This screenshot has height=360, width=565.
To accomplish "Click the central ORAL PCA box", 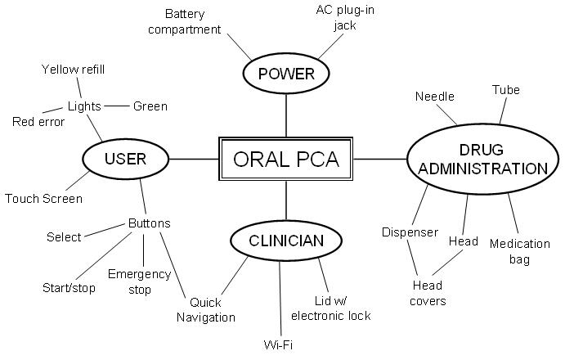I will click(x=286, y=158).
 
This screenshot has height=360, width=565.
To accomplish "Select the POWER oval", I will click(x=286, y=74).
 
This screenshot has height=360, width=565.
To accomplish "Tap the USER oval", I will click(x=125, y=159).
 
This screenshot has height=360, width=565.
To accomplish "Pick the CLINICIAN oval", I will click(x=286, y=241).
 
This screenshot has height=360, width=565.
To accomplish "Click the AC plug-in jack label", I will click(x=343, y=17).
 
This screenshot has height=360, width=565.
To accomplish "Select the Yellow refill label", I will click(x=73, y=69).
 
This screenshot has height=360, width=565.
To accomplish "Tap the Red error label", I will click(x=38, y=122).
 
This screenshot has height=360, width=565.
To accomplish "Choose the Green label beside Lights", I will click(x=150, y=106).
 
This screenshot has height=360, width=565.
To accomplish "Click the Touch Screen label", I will click(x=43, y=199).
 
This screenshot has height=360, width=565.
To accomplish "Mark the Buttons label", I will click(x=150, y=223).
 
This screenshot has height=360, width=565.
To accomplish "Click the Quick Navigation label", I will click(x=206, y=310).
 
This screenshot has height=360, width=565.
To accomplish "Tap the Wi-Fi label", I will click(x=279, y=345).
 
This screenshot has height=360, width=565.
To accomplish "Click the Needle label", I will click(x=434, y=97).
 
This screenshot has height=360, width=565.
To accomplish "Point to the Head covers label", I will click(x=428, y=293).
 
